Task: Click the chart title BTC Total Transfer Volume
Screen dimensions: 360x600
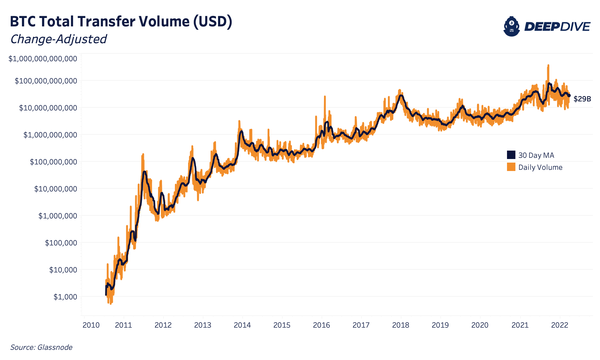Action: click(121, 22)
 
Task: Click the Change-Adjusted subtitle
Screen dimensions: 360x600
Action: click(58, 39)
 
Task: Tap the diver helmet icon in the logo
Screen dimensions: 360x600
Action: click(511, 26)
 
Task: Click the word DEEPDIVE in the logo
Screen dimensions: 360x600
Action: click(557, 27)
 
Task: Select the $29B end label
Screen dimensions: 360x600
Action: click(582, 99)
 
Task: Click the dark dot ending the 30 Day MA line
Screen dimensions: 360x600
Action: click(569, 95)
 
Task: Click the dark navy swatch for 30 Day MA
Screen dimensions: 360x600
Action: click(511, 155)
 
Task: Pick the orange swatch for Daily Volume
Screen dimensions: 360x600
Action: click(511, 167)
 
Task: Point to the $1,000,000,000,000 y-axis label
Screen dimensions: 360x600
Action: click(43, 59)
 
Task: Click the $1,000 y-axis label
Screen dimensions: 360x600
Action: click(65, 297)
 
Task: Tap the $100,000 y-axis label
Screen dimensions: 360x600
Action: click(61, 243)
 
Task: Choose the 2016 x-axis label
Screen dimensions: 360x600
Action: click(321, 325)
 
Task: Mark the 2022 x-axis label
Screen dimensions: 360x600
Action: click(560, 325)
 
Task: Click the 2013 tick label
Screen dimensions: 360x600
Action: click(203, 325)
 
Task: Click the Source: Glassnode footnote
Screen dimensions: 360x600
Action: click(41, 347)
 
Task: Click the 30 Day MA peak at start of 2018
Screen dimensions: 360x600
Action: click(401, 96)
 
